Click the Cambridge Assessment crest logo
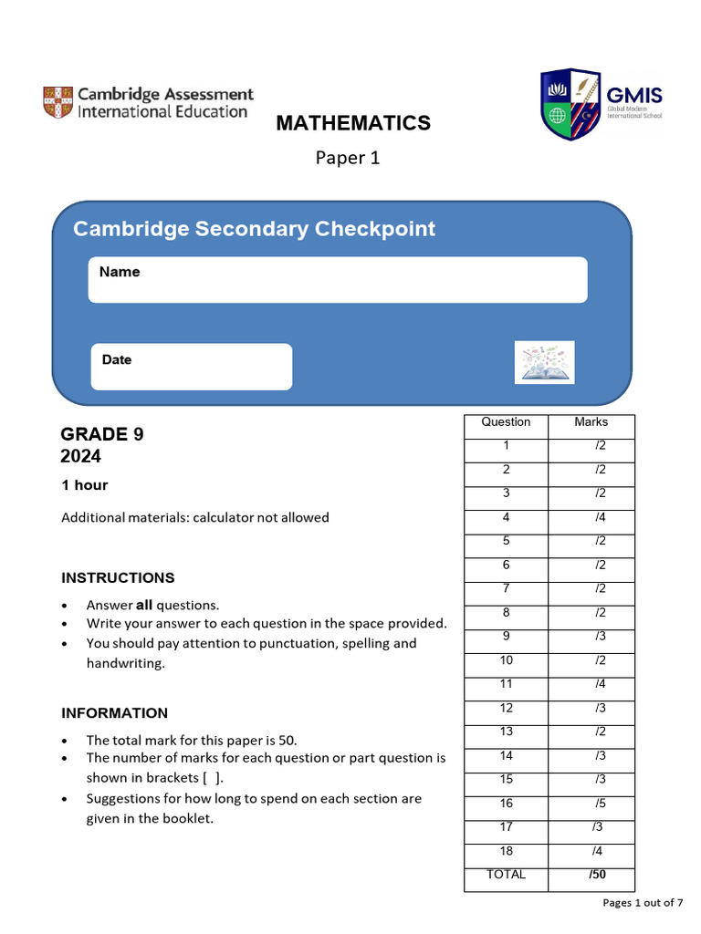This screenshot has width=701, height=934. pos(58,102)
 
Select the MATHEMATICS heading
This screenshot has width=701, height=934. pos(353,123)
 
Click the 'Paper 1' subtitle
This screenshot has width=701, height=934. pos(348,158)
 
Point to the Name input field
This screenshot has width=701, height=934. pos(338,280)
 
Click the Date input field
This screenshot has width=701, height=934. pos(192,367)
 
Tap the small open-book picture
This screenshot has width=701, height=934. pos(544,362)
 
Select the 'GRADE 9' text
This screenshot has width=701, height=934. pos(102,434)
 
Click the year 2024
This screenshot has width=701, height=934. pos(81,456)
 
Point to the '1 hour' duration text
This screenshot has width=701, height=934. pos(85,485)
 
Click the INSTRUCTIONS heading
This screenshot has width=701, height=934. pos(118,577)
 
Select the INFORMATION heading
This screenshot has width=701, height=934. pos(115,713)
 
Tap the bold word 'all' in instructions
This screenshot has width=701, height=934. pos(144,605)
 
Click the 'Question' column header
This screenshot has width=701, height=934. pos(506,422)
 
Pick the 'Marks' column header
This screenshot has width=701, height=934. pos(591,422)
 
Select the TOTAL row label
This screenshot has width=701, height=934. pos(507,875)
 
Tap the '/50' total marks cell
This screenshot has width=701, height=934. pos(598,875)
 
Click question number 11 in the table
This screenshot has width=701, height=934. pos(507,684)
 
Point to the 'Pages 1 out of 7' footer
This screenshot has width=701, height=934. pos(643,903)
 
